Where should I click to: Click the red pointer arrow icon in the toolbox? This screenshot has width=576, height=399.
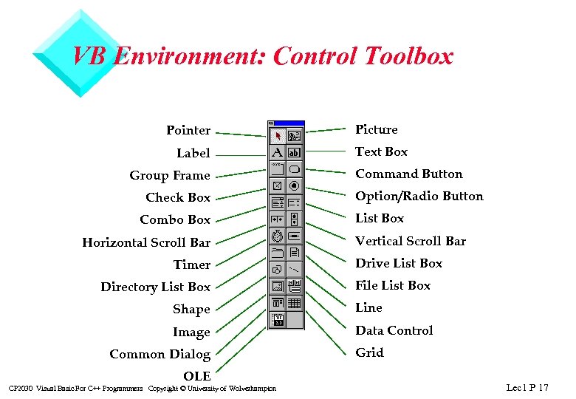(278, 136)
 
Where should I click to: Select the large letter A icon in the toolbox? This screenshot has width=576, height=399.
(278, 152)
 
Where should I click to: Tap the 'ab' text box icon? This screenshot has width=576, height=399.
(294, 152)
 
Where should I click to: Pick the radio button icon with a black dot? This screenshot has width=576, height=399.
(294, 185)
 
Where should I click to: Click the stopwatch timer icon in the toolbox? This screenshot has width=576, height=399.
(278, 236)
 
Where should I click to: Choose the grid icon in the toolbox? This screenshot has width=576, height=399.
(294, 303)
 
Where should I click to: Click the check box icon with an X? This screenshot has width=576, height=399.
(278, 185)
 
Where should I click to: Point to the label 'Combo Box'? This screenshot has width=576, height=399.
(175, 220)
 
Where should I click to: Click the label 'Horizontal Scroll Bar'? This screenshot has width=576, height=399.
(146, 242)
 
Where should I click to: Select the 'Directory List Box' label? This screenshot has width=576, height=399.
(155, 287)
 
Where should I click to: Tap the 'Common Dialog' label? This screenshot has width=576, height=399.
(160, 355)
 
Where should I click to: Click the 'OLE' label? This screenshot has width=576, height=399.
(196, 376)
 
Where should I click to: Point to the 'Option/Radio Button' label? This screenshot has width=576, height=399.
(419, 197)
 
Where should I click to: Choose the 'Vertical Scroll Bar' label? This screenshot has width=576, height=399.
(411, 241)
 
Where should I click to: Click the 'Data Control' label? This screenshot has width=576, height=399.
(394, 330)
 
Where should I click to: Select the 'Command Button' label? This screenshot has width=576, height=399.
(408, 174)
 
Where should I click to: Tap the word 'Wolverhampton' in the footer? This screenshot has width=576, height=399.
(253, 389)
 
